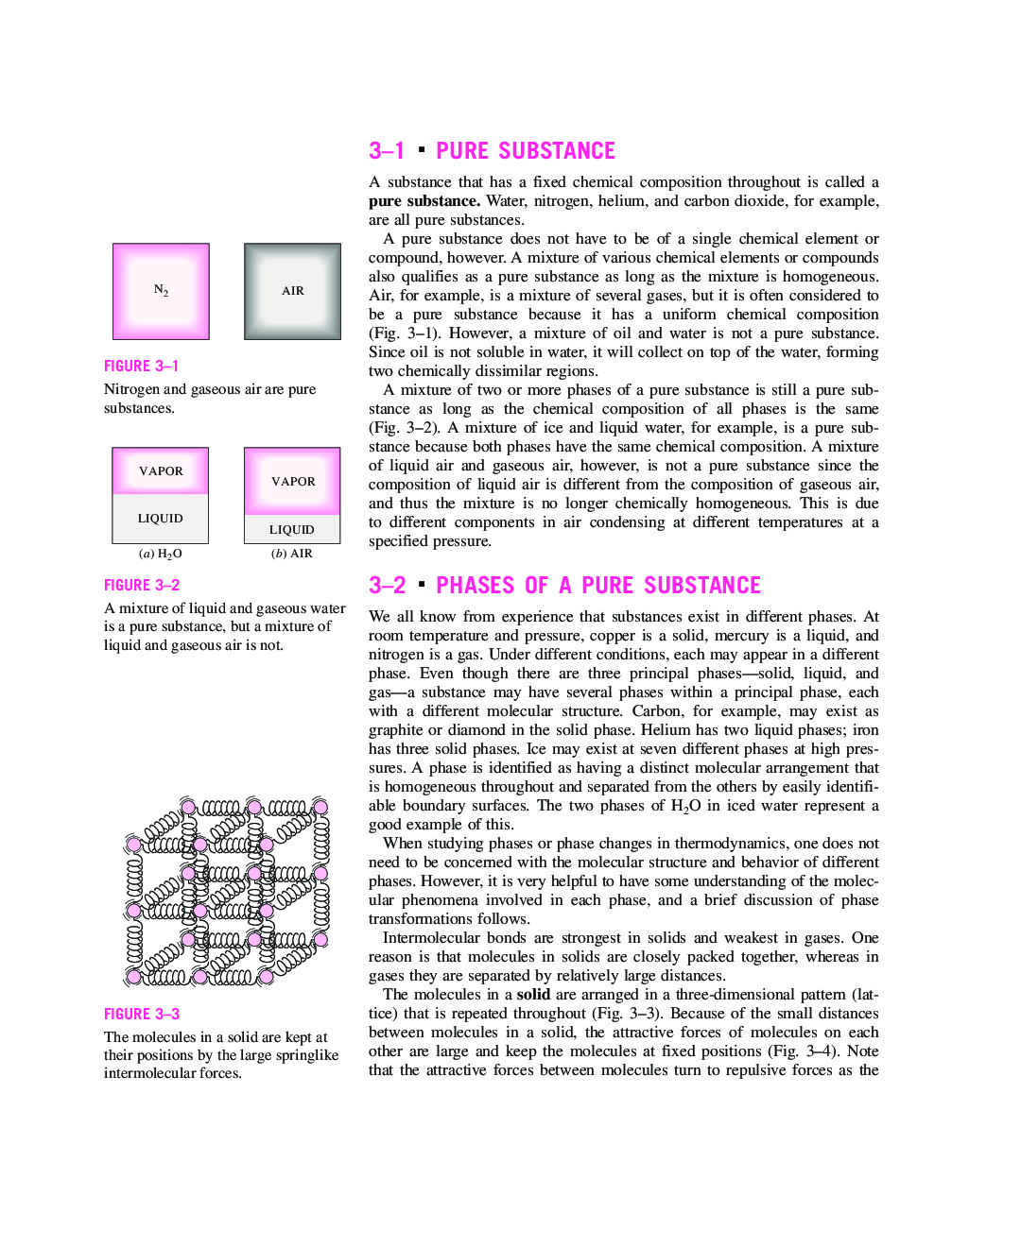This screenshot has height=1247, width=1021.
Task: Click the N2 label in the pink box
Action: pos(161,291)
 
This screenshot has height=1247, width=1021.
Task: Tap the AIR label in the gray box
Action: pos(293,291)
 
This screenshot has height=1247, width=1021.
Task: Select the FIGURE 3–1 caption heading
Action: pos(141,366)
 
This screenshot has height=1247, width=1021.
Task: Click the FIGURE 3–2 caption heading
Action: pos(142,585)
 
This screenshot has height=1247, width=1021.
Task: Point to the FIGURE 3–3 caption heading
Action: pos(142,1014)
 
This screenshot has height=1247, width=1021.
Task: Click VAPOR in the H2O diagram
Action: pos(161,471)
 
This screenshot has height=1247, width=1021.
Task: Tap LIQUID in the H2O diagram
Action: pos(161,519)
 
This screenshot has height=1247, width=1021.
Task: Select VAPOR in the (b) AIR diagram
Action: pos(293,482)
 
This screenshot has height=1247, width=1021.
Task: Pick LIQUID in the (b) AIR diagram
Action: pos(291,530)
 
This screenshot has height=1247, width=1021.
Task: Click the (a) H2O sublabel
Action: pos(161,554)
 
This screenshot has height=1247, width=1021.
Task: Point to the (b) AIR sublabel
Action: pos(291,554)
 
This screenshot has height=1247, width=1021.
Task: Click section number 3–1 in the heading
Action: pos(387,151)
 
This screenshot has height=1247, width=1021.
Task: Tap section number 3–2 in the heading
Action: pos(388,586)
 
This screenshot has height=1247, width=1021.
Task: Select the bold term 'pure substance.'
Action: pos(424,201)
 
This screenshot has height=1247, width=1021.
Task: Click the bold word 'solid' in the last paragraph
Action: pos(533,995)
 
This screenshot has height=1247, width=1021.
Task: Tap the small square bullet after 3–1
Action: pos(421,149)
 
